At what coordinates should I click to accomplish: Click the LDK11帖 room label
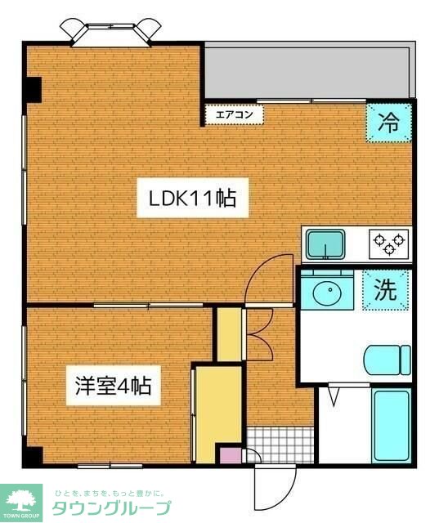click(192, 199)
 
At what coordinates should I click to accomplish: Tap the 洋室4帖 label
click(112, 384)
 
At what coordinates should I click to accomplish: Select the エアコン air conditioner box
click(234, 115)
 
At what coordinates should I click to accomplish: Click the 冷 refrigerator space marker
click(389, 123)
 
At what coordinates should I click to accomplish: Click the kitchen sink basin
click(325, 243)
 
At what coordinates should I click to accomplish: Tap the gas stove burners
click(388, 241)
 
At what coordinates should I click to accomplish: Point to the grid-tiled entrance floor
click(278, 445)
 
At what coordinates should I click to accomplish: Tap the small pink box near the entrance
click(231, 456)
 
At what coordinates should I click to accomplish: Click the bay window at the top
click(110, 30)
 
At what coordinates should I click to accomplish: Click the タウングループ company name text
click(111, 508)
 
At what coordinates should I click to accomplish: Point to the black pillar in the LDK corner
click(33, 88)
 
